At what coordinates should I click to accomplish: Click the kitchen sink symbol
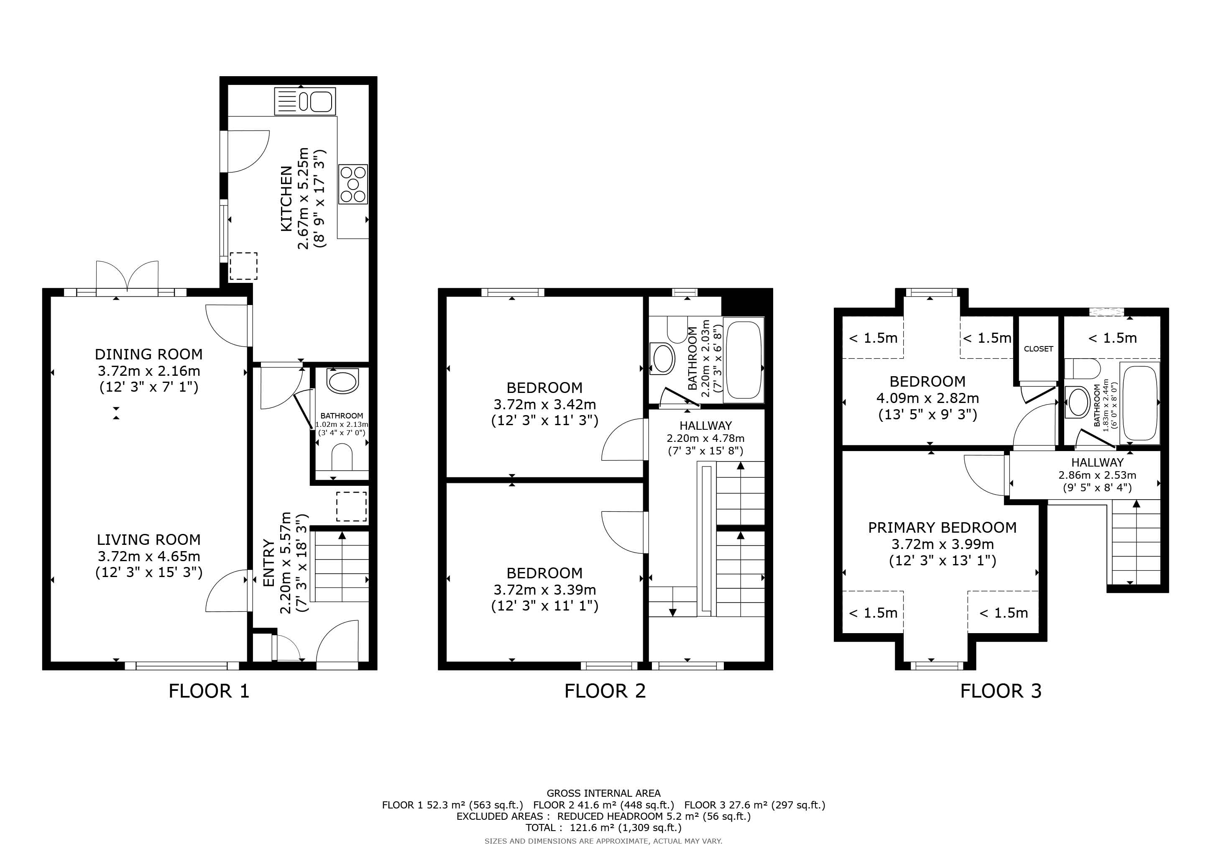click(305, 101)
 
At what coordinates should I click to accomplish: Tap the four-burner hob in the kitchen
click(353, 184)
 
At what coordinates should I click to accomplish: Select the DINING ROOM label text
click(149, 354)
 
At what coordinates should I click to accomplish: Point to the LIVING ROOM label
click(149, 539)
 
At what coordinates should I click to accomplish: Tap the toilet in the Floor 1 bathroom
click(342, 457)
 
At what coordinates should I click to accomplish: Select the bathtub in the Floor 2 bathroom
click(743, 360)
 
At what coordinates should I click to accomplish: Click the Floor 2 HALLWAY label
click(706, 425)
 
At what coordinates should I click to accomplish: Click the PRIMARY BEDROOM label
click(943, 527)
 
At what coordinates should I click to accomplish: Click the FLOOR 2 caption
click(605, 691)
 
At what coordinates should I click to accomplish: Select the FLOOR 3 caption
click(1001, 691)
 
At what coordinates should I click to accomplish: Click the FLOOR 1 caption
click(209, 691)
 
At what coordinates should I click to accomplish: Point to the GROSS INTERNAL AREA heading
click(603, 793)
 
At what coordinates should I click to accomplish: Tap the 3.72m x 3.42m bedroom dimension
click(545, 404)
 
